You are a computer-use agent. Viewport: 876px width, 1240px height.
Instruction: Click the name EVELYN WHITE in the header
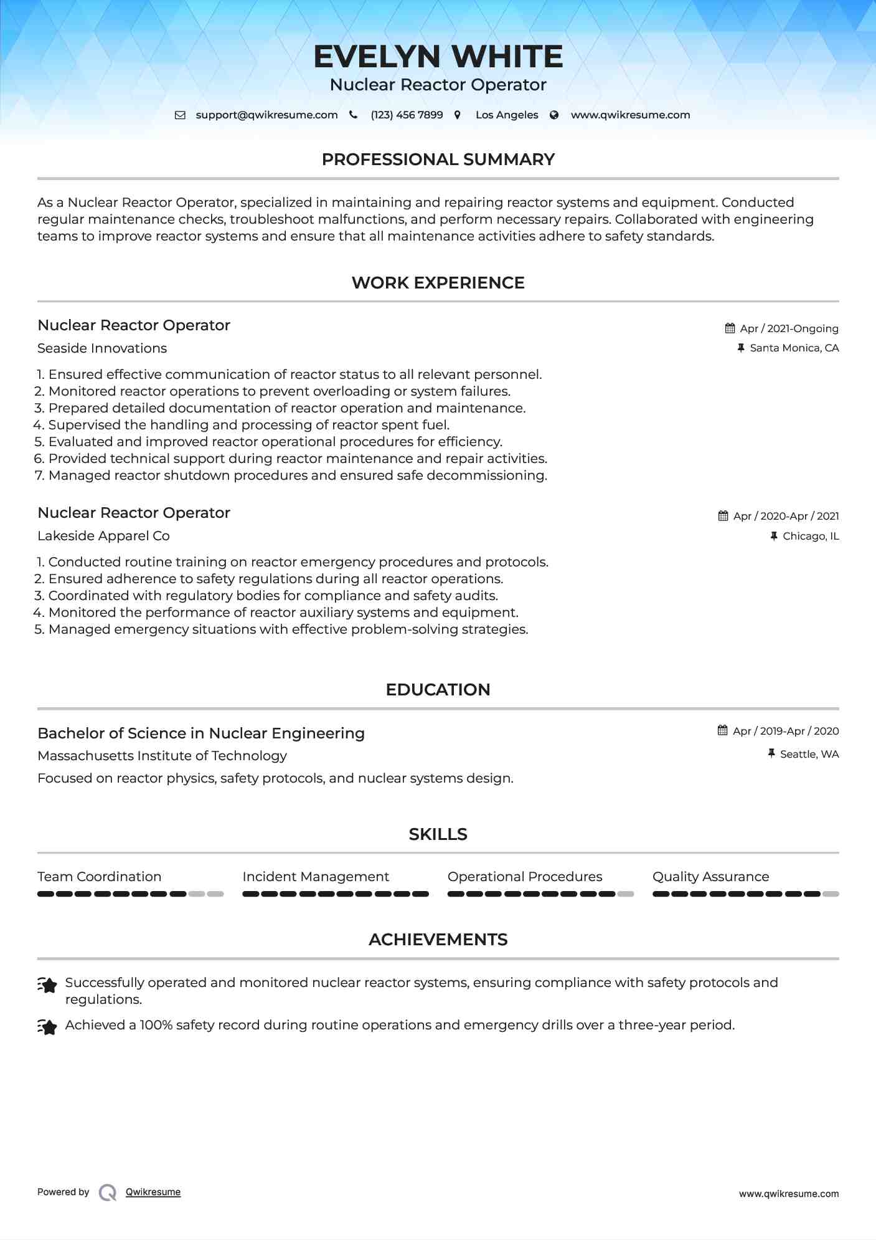coord(438,57)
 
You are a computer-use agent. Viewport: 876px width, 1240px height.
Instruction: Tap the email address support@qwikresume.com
coord(266,115)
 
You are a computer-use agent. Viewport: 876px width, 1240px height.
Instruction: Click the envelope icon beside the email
coord(180,115)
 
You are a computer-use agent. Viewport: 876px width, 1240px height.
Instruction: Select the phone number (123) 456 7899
coord(407,115)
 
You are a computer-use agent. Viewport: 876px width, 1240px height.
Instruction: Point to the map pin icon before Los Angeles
coord(458,115)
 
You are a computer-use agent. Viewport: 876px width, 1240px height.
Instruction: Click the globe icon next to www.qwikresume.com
coord(554,115)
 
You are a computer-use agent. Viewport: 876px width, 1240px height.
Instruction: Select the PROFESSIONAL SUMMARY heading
coord(438,160)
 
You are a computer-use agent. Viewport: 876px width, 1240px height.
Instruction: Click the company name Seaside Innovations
coord(102,348)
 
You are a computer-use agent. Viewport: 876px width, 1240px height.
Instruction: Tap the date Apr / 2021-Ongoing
coord(789,328)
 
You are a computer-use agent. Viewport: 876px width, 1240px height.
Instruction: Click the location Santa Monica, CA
coord(794,348)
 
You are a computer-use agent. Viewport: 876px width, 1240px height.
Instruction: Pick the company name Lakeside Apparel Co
coord(103,536)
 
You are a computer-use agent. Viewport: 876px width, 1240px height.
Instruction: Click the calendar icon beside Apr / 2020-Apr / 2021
coord(723,516)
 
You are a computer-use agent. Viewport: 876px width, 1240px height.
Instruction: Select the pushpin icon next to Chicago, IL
coord(774,536)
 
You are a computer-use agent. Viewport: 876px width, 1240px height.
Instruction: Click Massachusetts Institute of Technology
coord(162,756)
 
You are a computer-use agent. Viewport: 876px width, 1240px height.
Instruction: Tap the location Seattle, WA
coord(809,754)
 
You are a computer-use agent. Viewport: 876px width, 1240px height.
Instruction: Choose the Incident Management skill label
coord(316,877)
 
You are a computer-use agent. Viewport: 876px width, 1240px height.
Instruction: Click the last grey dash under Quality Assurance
coord(831,894)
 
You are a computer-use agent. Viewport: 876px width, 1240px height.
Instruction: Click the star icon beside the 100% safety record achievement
coord(47,1026)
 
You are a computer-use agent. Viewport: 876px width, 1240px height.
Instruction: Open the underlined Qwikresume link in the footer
coord(153,1192)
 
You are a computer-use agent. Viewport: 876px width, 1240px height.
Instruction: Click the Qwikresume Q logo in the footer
coord(108,1192)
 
